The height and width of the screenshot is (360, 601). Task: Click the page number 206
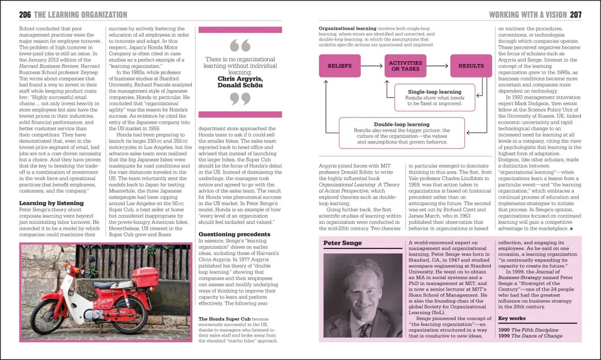click(x=25, y=15)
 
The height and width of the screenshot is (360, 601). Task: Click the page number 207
click(x=576, y=15)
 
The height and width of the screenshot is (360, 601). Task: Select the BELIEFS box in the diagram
click(x=339, y=66)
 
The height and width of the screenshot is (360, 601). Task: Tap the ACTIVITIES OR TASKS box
click(x=406, y=66)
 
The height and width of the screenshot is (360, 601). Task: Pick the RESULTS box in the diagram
click(x=471, y=66)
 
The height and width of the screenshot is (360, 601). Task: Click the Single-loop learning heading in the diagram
click(x=434, y=92)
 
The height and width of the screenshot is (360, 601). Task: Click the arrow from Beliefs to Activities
click(x=373, y=66)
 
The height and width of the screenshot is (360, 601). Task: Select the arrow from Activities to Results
click(x=438, y=66)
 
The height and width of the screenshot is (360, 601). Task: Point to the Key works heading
click(x=512, y=319)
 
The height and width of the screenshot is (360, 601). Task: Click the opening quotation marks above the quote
click(x=240, y=45)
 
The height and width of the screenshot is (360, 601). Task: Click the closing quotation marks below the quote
click(x=240, y=98)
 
